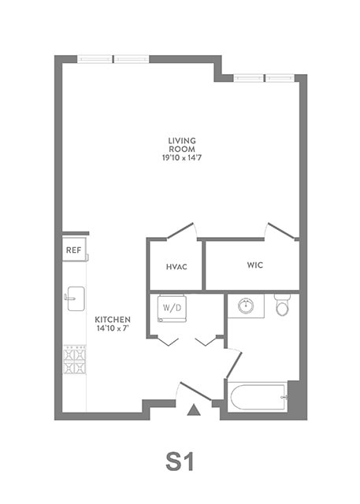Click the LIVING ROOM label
click(181, 145)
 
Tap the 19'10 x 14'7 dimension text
click(181, 157)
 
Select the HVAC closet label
click(176, 267)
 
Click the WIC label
click(254, 265)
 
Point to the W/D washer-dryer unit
click(171, 307)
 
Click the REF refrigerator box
click(74, 250)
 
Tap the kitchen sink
click(74, 298)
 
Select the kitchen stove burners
click(74, 360)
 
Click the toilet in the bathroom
click(282, 304)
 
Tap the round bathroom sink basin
click(246, 305)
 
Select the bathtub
click(257, 395)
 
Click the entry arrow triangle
click(193, 409)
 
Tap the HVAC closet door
click(180, 230)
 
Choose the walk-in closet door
click(281, 230)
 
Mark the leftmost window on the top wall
click(95, 58)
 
